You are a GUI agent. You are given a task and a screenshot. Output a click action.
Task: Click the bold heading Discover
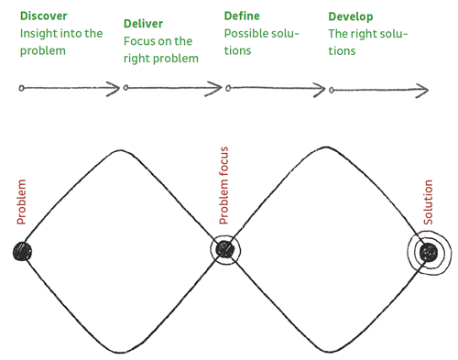[x=43, y=16]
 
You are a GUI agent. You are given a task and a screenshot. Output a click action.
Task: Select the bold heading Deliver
[x=143, y=24]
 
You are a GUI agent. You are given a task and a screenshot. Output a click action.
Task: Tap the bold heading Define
[x=242, y=16]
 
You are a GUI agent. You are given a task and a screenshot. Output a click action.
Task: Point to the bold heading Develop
[x=351, y=16]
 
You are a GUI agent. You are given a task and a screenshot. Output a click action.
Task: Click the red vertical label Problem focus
[x=224, y=186]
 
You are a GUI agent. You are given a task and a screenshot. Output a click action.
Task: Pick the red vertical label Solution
[x=428, y=202]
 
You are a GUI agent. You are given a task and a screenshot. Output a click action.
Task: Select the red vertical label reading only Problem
[x=21, y=202]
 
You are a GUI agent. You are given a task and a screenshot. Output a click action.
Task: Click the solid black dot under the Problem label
[x=22, y=251]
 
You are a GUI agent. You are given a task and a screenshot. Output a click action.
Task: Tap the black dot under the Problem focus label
[x=225, y=249]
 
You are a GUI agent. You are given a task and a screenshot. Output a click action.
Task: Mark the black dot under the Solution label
[x=429, y=253]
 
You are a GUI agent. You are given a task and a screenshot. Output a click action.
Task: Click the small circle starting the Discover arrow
[x=21, y=88]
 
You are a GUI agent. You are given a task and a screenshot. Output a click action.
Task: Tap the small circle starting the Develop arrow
[x=332, y=90]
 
